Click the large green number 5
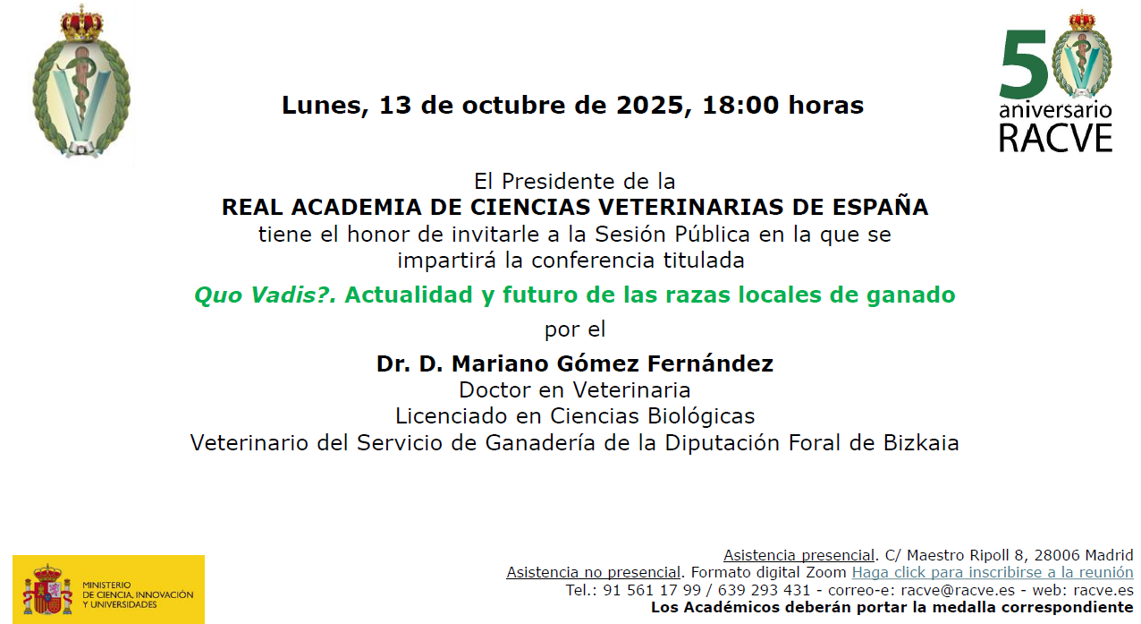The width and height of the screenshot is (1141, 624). (1023, 64)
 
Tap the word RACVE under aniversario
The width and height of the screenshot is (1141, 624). (1055, 138)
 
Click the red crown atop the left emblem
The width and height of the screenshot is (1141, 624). (81, 23)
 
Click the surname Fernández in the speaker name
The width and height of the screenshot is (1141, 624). (710, 363)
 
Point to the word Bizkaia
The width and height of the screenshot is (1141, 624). (921, 442)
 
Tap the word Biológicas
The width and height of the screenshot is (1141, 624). (701, 416)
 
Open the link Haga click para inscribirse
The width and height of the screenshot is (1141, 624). (993, 572)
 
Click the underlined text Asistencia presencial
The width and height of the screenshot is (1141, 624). (799, 555)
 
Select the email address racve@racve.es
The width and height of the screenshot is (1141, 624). (958, 590)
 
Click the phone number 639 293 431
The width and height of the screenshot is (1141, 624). (764, 590)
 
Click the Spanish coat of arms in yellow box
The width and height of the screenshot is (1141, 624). (47, 589)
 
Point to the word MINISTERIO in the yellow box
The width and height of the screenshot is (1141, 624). (106, 585)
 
